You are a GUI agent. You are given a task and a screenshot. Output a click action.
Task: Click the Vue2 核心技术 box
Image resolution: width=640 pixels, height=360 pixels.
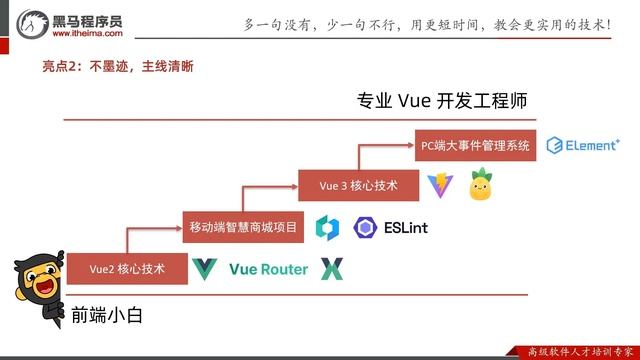[x=126, y=268]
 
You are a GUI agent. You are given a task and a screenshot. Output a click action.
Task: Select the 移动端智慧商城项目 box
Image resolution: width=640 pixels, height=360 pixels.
[x=244, y=227]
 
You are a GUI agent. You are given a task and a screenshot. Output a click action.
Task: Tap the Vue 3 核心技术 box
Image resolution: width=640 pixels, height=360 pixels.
[x=358, y=186]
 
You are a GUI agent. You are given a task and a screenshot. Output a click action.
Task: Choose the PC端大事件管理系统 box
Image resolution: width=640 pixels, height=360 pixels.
[x=475, y=145]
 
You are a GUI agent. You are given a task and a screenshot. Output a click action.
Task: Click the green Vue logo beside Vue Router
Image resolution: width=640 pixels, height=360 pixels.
[x=204, y=268]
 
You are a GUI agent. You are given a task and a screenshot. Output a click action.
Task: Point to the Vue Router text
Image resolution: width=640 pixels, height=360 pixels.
[x=268, y=268]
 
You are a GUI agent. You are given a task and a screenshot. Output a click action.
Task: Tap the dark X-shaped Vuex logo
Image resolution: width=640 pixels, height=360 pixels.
[x=331, y=268]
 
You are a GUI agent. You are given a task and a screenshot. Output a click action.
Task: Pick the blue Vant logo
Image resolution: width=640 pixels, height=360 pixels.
[x=327, y=227]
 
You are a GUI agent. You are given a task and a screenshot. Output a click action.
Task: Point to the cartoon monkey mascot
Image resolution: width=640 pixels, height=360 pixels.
[x=34, y=290]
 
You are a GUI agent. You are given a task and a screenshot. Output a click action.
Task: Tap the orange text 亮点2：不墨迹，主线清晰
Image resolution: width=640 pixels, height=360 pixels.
[x=117, y=67]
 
